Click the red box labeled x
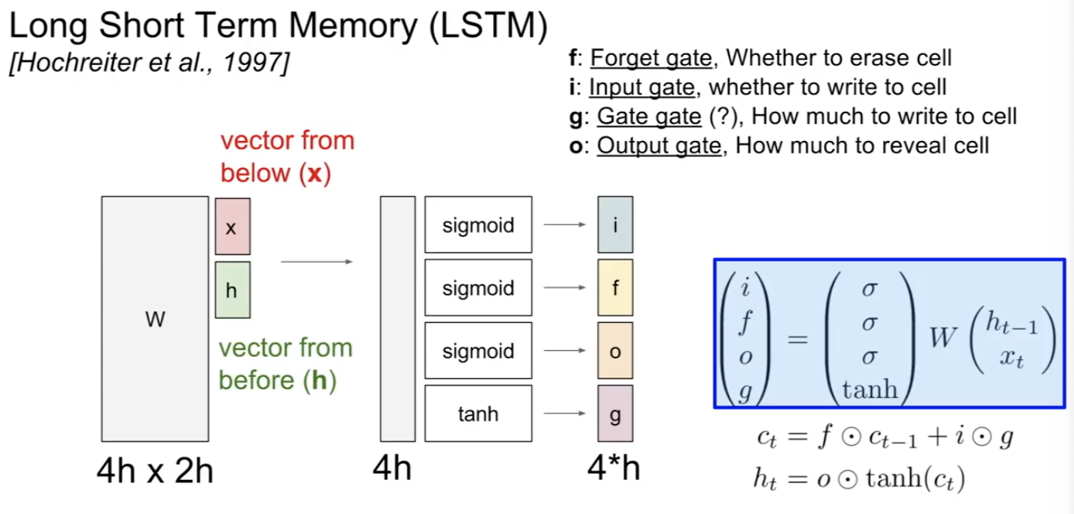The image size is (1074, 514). (x=232, y=226)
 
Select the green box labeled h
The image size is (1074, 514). (x=232, y=290)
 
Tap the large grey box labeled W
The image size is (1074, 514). (x=155, y=319)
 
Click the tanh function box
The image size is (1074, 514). (x=478, y=414)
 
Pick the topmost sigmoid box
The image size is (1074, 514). (x=478, y=226)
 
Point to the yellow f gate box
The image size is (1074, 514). (x=615, y=289)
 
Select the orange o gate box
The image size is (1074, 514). (x=615, y=351)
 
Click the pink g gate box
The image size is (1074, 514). (x=615, y=414)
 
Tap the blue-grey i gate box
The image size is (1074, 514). (x=615, y=226)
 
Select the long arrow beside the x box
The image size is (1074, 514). (x=316, y=262)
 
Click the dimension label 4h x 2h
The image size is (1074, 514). (x=155, y=469)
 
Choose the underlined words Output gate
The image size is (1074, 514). (x=658, y=146)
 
